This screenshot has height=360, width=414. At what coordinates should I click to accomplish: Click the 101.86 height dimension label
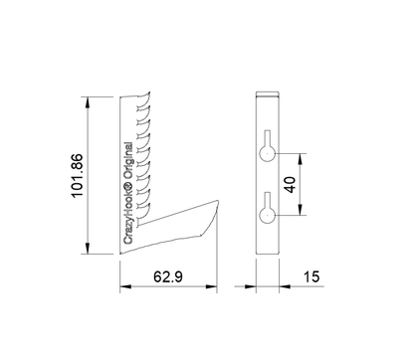click(x=77, y=176)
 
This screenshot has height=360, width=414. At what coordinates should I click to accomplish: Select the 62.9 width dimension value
click(x=168, y=276)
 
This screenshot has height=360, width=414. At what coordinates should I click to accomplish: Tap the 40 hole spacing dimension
click(x=291, y=185)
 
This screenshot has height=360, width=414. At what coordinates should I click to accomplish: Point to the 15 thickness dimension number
click(x=311, y=276)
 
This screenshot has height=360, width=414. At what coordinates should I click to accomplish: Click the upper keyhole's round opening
click(x=267, y=153)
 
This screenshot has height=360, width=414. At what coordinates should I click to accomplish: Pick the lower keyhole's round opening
click(x=267, y=215)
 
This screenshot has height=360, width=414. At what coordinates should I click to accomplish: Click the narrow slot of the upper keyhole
click(x=267, y=138)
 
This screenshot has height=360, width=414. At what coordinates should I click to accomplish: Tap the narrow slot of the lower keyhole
click(x=267, y=200)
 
